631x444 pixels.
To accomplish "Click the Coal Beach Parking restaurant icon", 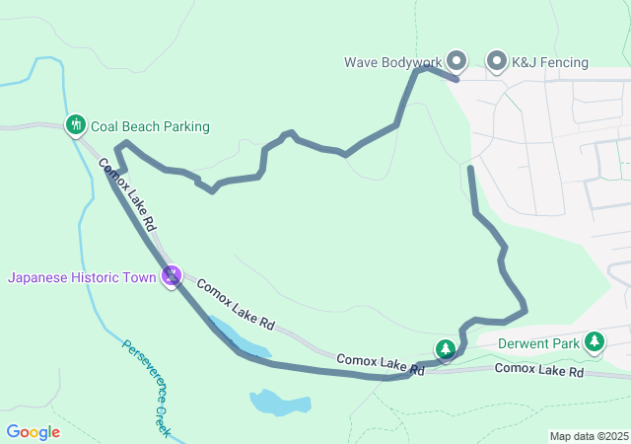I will pos(76,125).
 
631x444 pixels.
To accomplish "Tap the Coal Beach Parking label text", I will pos(150,126).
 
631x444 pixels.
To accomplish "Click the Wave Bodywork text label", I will pos(393,62).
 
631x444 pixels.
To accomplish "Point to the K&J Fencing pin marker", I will pos(497,62).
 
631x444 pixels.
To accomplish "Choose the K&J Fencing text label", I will pos(549,62).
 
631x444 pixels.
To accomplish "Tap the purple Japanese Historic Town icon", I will pos(173,276).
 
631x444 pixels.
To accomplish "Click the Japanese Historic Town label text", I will pos(82,277).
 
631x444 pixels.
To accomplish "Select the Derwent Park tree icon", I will pos(595,342).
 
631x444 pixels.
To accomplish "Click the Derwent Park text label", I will pos(538,343).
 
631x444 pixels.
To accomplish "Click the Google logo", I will pos(33,432).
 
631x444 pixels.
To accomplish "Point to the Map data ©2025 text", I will pos(588,436).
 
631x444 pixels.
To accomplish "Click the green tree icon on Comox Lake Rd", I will pos(446,349).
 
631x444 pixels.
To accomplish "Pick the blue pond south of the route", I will pos(275,402).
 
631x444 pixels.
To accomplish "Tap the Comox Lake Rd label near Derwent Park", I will pos(538,370).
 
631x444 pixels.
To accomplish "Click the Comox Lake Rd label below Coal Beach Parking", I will pos(127,193).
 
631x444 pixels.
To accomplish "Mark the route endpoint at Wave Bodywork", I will pos(456,77).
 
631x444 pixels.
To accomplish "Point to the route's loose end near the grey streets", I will pos(470,170).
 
